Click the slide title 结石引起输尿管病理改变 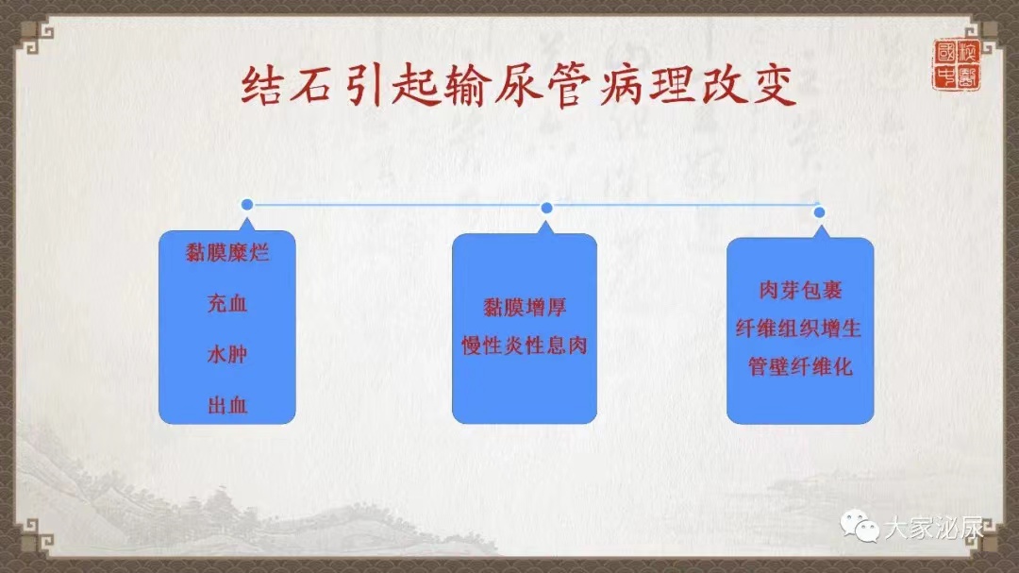pos(519,86)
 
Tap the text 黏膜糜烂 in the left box pos(227,252)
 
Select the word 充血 pos(227,303)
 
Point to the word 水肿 pos(227,354)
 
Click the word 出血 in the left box pos(227,406)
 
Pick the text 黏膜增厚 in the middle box pos(525,307)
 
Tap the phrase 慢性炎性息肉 pos(525,345)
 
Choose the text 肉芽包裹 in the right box pos(801,290)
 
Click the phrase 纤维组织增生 pos(799,329)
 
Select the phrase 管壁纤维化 pos(800,367)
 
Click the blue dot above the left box pos(247,205)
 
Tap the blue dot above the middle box pos(546,208)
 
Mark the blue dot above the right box pos(820,212)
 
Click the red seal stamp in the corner pos(957,64)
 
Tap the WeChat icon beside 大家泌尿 pos(860,526)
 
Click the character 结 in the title pos(261,86)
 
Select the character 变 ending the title pos(774,86)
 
